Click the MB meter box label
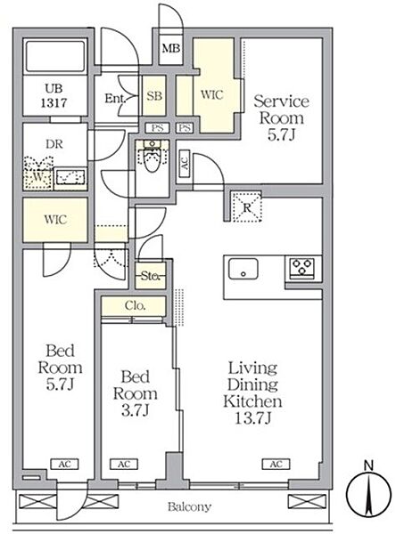tap(171, 48)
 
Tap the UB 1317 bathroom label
tap(54, 95)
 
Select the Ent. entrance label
tap(115, 99)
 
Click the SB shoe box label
tap(154, 96)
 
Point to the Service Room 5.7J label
tap(281, 117)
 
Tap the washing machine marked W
tap(38, 173)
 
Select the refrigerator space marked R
tap(247, 206)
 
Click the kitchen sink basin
tap(243, 269)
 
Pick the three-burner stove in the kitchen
tap(302, 268)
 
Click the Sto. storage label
tap(150, 276)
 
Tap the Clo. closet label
tap(136, 305)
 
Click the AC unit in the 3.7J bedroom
tap(124, 465)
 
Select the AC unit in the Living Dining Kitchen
tap(276, 465)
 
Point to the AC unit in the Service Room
tap(185, 164)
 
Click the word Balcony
tap(189, 506)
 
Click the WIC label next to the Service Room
tap(212, 94)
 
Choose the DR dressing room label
tap(54, 144)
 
